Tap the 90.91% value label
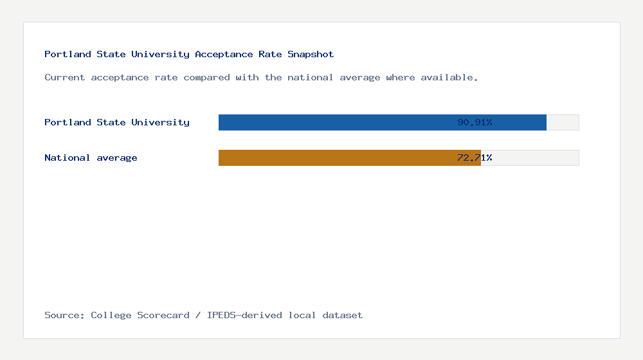tap(475, 122)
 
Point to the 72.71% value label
tap(475, 157)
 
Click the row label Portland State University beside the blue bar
tap(116, 122)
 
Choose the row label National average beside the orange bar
tap(91, 157)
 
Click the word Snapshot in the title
tap(311, 54)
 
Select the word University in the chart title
tap(160, 54)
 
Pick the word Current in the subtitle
tap(64, 77)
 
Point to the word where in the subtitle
tap(400, 77)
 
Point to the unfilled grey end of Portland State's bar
tap(563, 122)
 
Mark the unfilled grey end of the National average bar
tap(530, 157)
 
